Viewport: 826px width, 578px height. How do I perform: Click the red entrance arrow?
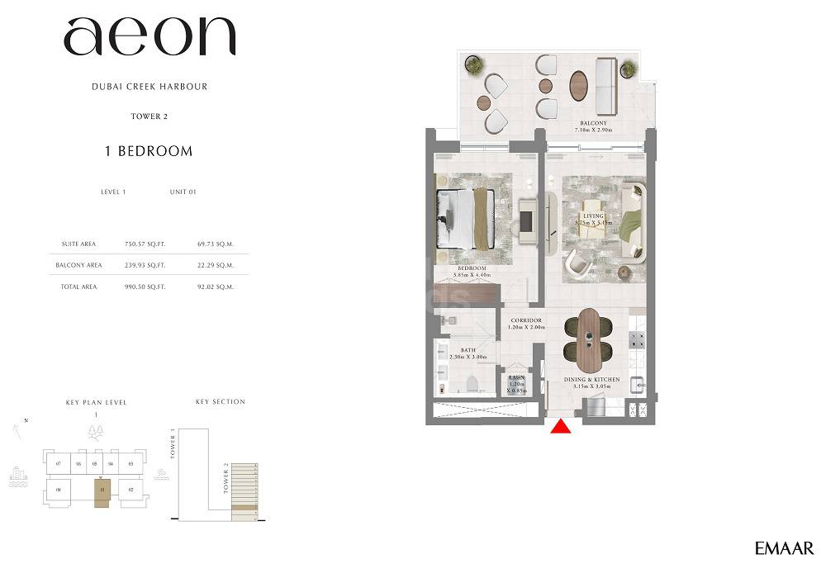click(561, 426)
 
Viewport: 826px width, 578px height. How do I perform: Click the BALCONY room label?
click(593, 123)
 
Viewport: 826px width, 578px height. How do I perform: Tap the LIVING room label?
click(594, 216)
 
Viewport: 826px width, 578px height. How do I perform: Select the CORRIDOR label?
click(526, 320)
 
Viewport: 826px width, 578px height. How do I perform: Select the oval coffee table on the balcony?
click(579, 85)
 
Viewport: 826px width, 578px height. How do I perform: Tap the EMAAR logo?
click(784, 548)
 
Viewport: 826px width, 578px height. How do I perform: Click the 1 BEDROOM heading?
click(149, 151)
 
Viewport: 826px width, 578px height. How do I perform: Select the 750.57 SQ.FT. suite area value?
click(145, 244)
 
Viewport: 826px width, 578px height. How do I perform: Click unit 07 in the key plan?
click(59, 464)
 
